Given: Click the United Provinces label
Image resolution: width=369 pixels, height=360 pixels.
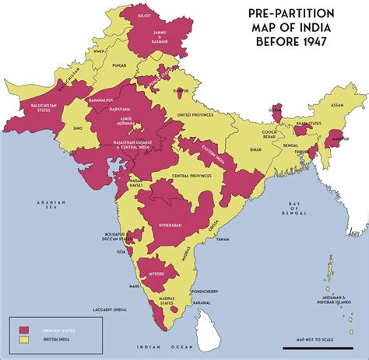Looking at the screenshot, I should [x=195, y=115].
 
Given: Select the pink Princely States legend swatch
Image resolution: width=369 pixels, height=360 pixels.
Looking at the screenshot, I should [x=24, y=330].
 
